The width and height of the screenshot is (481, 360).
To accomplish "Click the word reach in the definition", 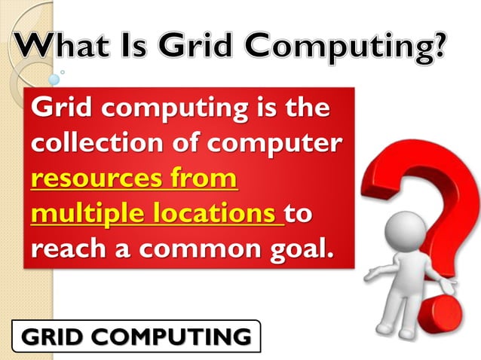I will click(69, 249).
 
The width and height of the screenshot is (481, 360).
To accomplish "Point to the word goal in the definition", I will click(297, 249).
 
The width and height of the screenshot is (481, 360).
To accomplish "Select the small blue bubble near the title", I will click(54, 79).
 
